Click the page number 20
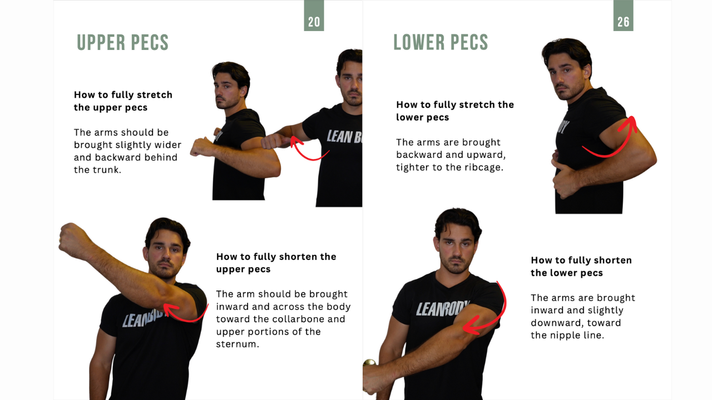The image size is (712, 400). [314, 22]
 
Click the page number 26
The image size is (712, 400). [623, 22]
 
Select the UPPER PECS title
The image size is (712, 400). [123, 43]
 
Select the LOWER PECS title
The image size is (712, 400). [441, 42]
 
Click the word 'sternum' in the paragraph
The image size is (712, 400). [238, 344]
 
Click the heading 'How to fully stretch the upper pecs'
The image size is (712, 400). [123, 101]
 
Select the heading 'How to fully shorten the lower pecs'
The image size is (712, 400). [581, 266]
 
